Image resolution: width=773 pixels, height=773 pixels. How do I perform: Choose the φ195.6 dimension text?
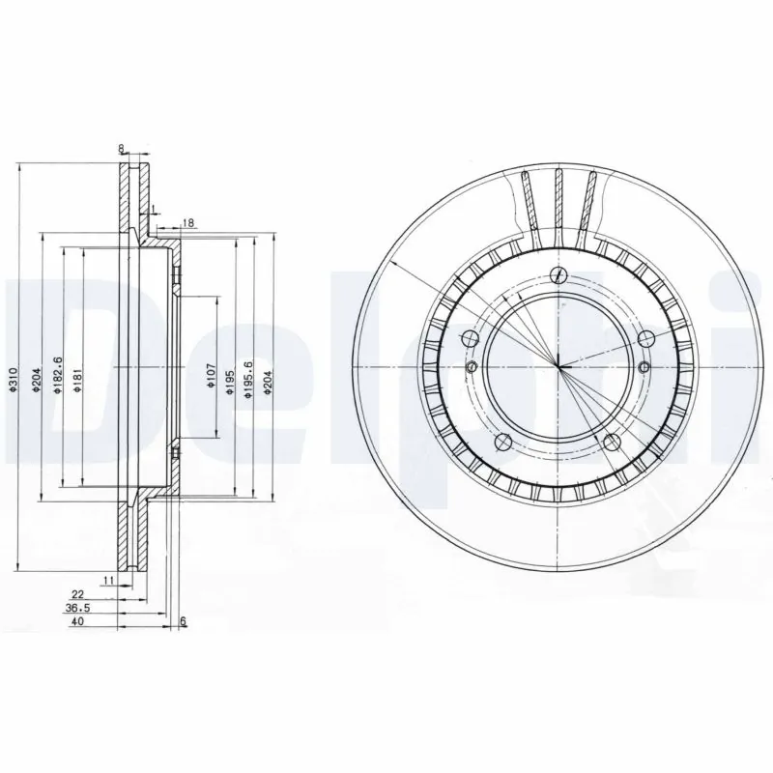[251, 377]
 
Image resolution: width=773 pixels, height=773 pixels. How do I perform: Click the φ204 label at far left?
[37, 380]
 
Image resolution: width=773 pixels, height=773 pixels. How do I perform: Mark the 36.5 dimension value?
[77, 609]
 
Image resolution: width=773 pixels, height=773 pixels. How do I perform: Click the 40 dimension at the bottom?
[78, 623]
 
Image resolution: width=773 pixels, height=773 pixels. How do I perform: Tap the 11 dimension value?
[108, 580]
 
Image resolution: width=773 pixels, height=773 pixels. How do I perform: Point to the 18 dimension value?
[188, 223]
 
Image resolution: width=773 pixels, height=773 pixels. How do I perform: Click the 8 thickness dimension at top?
[121, 148]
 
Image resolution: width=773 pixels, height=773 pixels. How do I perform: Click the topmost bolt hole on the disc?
[558, 273]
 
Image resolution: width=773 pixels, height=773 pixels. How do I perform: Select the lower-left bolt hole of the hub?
[501, 443]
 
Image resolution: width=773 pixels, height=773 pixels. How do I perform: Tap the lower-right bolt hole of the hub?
[613, 443]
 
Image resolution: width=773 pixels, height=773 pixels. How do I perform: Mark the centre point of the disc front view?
[558, 367]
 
